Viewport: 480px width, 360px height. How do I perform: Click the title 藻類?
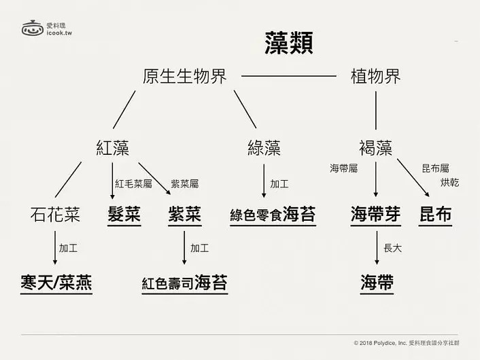click(x=289, y=43)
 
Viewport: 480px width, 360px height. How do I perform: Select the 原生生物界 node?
click(x=185, y=76)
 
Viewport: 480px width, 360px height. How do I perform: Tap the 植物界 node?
click(x=375, y=76)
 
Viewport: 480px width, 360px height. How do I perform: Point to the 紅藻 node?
click(x=112, y=148)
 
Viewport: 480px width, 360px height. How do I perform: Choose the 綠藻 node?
click(x=264, y=148)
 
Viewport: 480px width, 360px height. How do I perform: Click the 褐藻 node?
click(x=375, y=148)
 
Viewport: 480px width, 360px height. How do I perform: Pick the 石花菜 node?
click(x=55, y=214)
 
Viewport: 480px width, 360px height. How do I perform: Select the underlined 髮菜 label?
click(x=124, y=215)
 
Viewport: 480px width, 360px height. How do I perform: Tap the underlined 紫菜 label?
click(x=185, y=215)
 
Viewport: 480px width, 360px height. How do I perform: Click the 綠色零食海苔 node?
click(x=273, y=215)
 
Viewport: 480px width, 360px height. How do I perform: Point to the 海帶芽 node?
click(x=375, y=215)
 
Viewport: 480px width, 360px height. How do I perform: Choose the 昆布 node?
click(x=435, y=215)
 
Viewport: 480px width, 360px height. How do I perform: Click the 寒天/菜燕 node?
click(x=56, y=283)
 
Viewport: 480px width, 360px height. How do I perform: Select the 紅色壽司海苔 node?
click(x=185, y=283)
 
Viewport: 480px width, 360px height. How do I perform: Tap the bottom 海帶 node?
click(x=377, y=283)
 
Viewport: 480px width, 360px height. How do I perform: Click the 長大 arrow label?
click(x=392, y=248)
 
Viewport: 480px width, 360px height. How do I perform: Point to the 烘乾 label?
click(x=449, y=183)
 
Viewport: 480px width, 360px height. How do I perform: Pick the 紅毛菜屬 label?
click(x=133, y=184)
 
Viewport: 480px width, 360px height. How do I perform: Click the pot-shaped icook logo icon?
click(x=33, y=28)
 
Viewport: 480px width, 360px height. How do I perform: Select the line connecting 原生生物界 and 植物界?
click(x=289, y=76)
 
